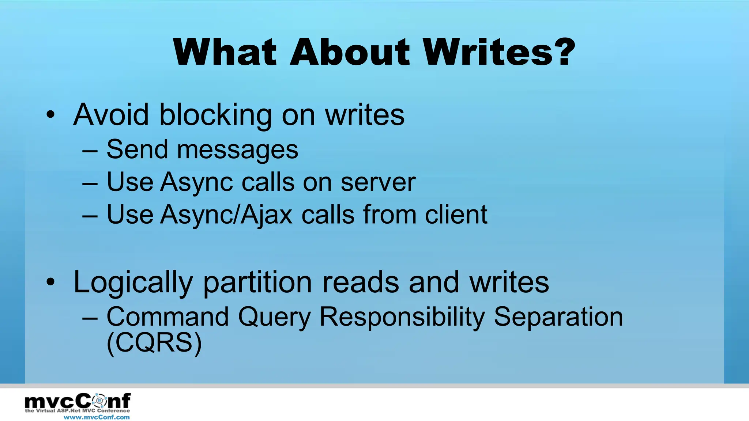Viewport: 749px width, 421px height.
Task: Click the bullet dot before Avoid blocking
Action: click(x=50, y=115)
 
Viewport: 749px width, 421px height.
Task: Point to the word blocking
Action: click(x=216, y=115)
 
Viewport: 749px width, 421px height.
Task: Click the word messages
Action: click(x=238, y=150)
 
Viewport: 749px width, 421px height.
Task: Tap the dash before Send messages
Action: click(x=90, y=151)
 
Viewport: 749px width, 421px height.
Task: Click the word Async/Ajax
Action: click(x=227, y=215)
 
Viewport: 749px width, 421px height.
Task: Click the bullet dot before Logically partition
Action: click(x=50, y=282)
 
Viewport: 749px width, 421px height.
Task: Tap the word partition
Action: click(x=257, y=282)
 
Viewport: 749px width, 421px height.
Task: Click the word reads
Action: click(x=361, y=282)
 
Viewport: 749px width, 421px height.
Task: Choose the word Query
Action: click(x=274, y=317)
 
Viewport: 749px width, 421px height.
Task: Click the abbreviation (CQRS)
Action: click(x=154, y=342)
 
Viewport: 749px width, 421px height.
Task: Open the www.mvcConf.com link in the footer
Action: click(x=97, y=417)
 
